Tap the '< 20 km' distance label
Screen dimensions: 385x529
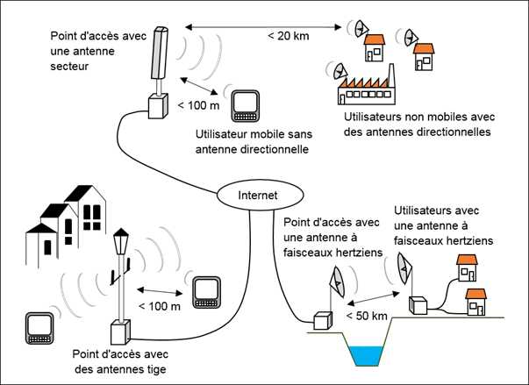point(288,37)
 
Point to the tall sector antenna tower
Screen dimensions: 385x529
point(159,58)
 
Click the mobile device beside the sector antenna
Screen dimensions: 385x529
point(244,105)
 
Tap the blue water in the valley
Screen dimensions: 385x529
point(368,354)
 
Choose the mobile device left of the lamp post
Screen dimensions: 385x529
point(39,326)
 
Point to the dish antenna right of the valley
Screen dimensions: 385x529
point(404,267)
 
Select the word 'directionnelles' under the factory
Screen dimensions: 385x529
point(452,132)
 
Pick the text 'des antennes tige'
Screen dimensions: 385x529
point(120,370)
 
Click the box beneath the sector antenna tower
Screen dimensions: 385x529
point(158,105)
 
